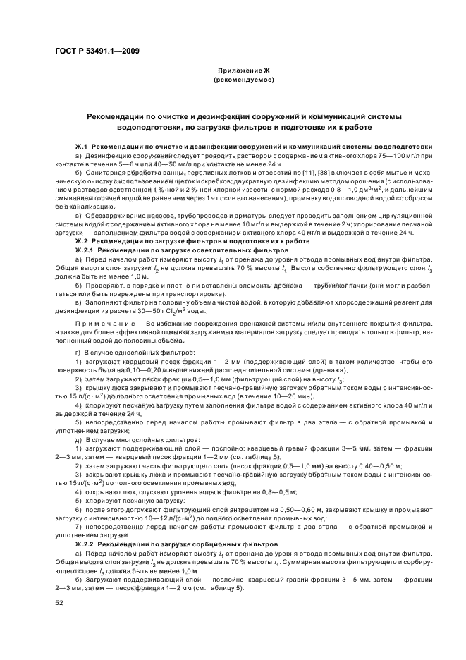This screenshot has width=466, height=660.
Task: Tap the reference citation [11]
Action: pos(293,171)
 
